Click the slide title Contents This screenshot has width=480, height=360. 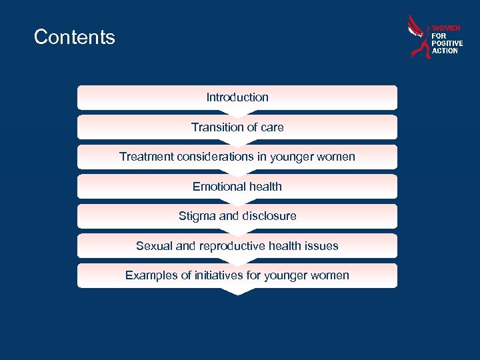[74, 37]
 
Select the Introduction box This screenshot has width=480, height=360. [237, 97]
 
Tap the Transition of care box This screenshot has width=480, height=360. [237, 127]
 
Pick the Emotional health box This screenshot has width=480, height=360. [237, 187]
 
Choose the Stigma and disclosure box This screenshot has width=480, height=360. [237, 216]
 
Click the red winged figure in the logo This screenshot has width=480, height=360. [418, 37]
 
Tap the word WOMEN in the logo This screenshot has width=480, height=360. [446, 29]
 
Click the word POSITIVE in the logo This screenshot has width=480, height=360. [447, 43]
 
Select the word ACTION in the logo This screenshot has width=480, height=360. [445, 51]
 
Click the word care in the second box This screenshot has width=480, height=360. [271, 127]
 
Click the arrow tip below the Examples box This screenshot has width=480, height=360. [237, 292]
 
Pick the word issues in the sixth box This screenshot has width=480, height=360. [323, 246]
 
